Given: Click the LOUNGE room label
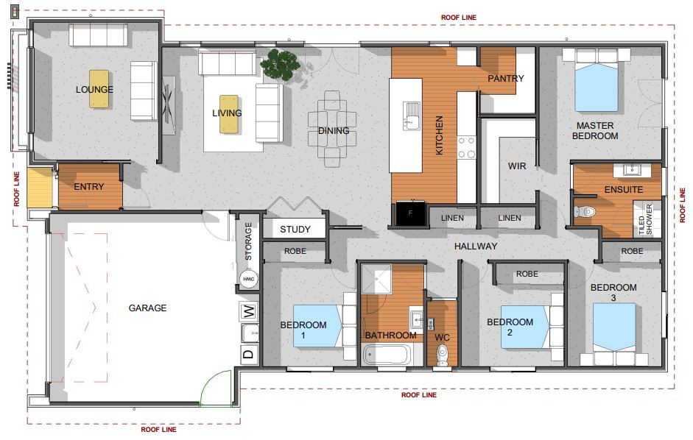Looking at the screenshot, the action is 94,90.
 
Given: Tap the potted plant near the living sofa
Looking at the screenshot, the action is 280,65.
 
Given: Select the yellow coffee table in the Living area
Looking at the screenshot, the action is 229,114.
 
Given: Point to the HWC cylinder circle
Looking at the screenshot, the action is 249,279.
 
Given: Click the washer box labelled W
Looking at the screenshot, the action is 249,311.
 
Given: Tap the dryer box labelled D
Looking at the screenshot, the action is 249,355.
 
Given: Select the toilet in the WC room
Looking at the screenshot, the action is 442,355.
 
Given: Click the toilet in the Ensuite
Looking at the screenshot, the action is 585,212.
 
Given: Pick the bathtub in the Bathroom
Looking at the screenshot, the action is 387,355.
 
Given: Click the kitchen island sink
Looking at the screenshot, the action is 412,116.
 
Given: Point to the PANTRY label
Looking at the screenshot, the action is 506,79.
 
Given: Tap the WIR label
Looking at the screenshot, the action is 517,166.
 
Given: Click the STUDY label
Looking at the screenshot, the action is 295,230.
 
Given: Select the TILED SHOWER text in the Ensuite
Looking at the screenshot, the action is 645,219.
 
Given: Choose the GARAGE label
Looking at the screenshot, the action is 147,308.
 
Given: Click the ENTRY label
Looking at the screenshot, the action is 89,187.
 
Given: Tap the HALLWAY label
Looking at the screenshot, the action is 476,246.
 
